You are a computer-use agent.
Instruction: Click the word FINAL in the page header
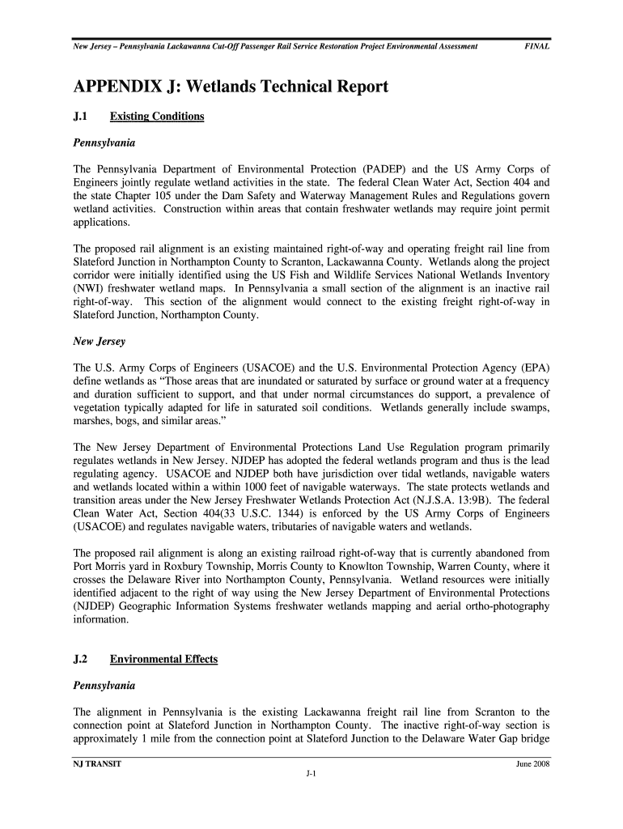coord(536,47)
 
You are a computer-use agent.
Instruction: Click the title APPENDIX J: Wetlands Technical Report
coord(231,87)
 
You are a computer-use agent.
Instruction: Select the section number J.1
coord(82,117)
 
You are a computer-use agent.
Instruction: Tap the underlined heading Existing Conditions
coord(157,117)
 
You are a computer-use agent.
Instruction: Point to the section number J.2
coord(82,659)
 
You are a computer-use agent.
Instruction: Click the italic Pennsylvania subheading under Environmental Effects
coord(104,686)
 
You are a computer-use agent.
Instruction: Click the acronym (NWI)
coord(89,289)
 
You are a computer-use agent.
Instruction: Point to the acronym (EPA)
coord(535,368)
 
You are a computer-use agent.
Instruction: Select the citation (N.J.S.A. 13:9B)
coord(447,500)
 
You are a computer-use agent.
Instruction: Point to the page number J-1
coord(311,774)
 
